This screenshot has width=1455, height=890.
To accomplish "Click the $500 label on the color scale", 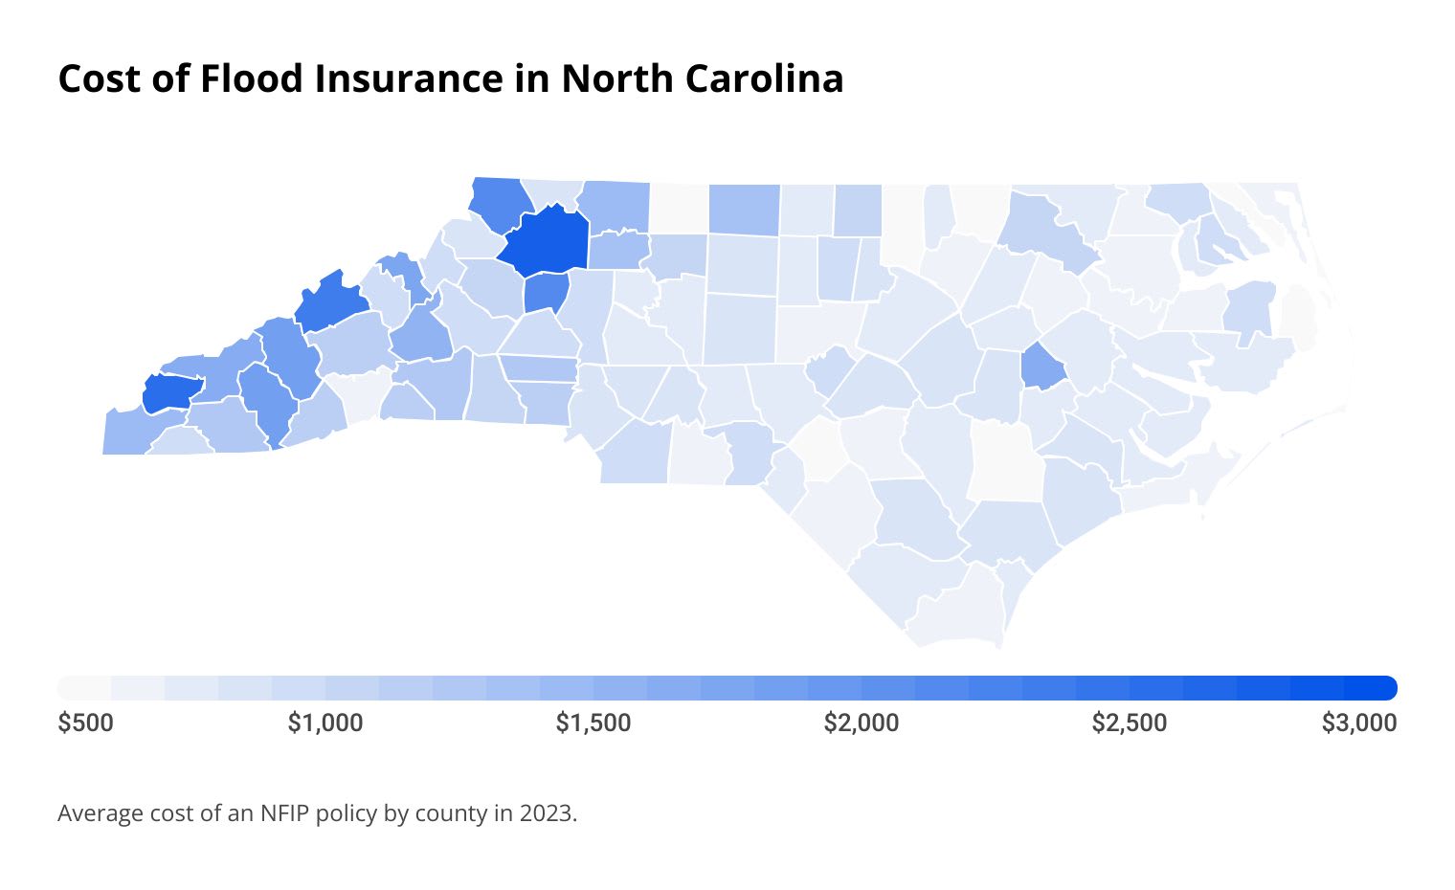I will click(x=85, y=723).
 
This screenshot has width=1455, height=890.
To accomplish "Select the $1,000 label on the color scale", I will click(x=325, y=723).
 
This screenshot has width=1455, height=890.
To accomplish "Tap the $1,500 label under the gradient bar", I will click(x=593, y=723).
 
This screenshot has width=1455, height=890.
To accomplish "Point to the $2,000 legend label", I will click(x=862, y=723).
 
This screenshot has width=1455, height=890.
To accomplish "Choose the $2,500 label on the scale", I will click(x=1130, y=723).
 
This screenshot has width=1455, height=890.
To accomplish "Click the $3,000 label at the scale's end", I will click(x=1359, y=723).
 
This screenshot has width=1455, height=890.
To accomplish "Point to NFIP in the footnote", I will click(x=285, y=814).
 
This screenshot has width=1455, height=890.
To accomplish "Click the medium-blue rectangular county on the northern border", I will click(x=743, y=210).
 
